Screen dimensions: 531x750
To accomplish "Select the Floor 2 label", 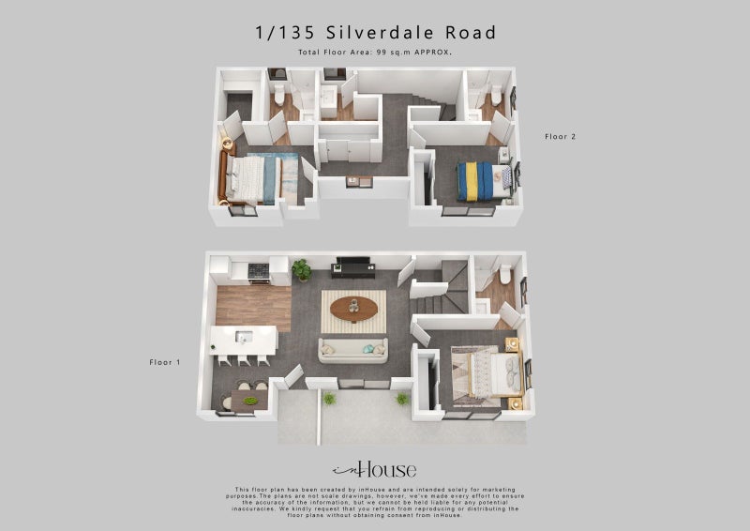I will tap(561, 137).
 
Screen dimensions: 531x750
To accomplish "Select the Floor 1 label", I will tap(165, 361).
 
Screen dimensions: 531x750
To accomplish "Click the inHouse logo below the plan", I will tap(374, 470).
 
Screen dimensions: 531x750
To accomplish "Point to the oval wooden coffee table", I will tap(353, 308).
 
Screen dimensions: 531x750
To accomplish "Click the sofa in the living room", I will tap(352, 351).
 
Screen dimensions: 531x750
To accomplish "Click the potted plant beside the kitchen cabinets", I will tap(302, 270).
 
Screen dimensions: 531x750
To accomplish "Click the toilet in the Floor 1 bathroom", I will tap(505, 274).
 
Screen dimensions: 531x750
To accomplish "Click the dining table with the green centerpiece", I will tap(246, 401).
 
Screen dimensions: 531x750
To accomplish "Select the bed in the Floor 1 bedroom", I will tap(486, 372).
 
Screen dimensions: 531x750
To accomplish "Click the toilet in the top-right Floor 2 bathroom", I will tap(496, 95).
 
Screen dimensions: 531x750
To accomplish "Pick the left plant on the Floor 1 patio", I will tap(329, 399).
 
